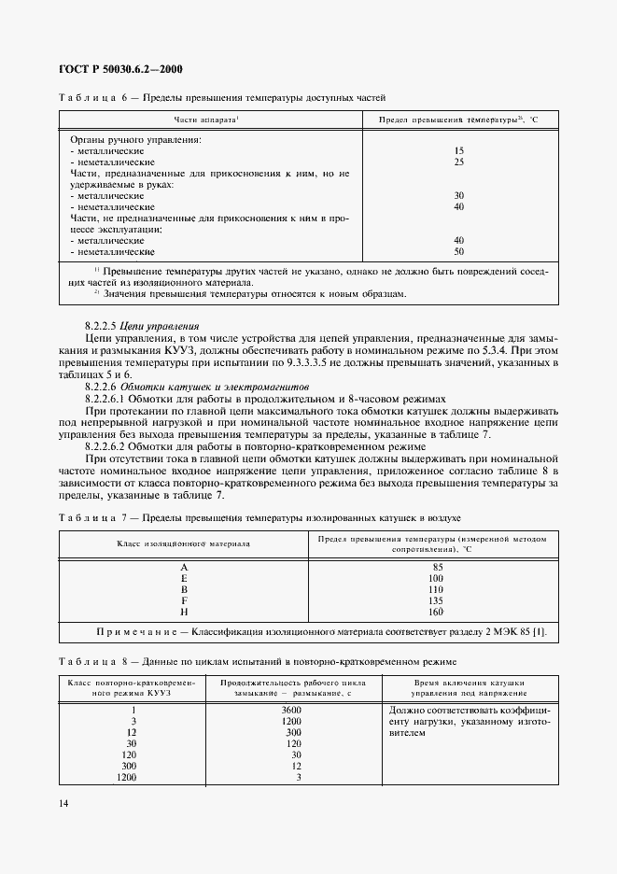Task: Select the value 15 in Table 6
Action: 458,150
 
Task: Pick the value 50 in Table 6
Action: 458,251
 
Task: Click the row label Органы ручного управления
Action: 135,140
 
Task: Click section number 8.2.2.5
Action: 102,326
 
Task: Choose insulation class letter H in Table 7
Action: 184,612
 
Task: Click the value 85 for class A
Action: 438,567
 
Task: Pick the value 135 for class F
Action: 438,600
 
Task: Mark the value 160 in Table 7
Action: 438,612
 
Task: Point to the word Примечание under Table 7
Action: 122,634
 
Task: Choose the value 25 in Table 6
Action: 458,161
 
